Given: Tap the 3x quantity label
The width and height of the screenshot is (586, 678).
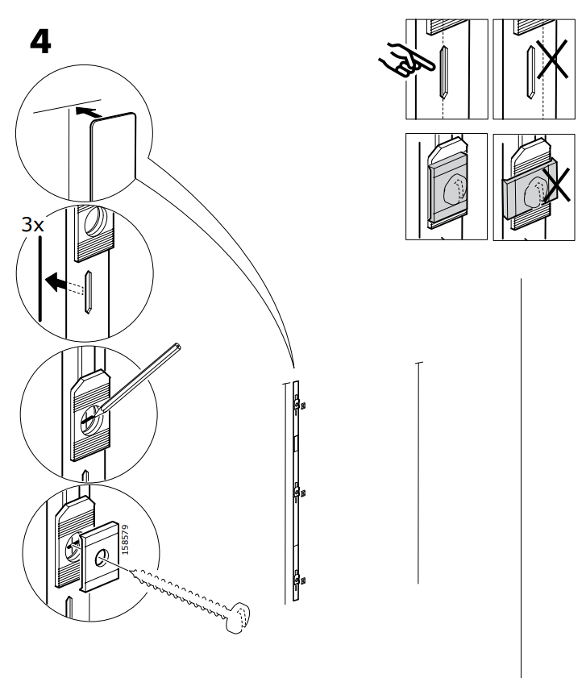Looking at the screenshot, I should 33,225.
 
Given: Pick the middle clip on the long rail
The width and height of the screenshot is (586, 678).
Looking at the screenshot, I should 299,489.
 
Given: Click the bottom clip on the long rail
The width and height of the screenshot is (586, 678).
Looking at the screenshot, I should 299,577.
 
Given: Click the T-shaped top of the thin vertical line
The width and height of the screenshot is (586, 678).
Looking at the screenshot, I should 418,364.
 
